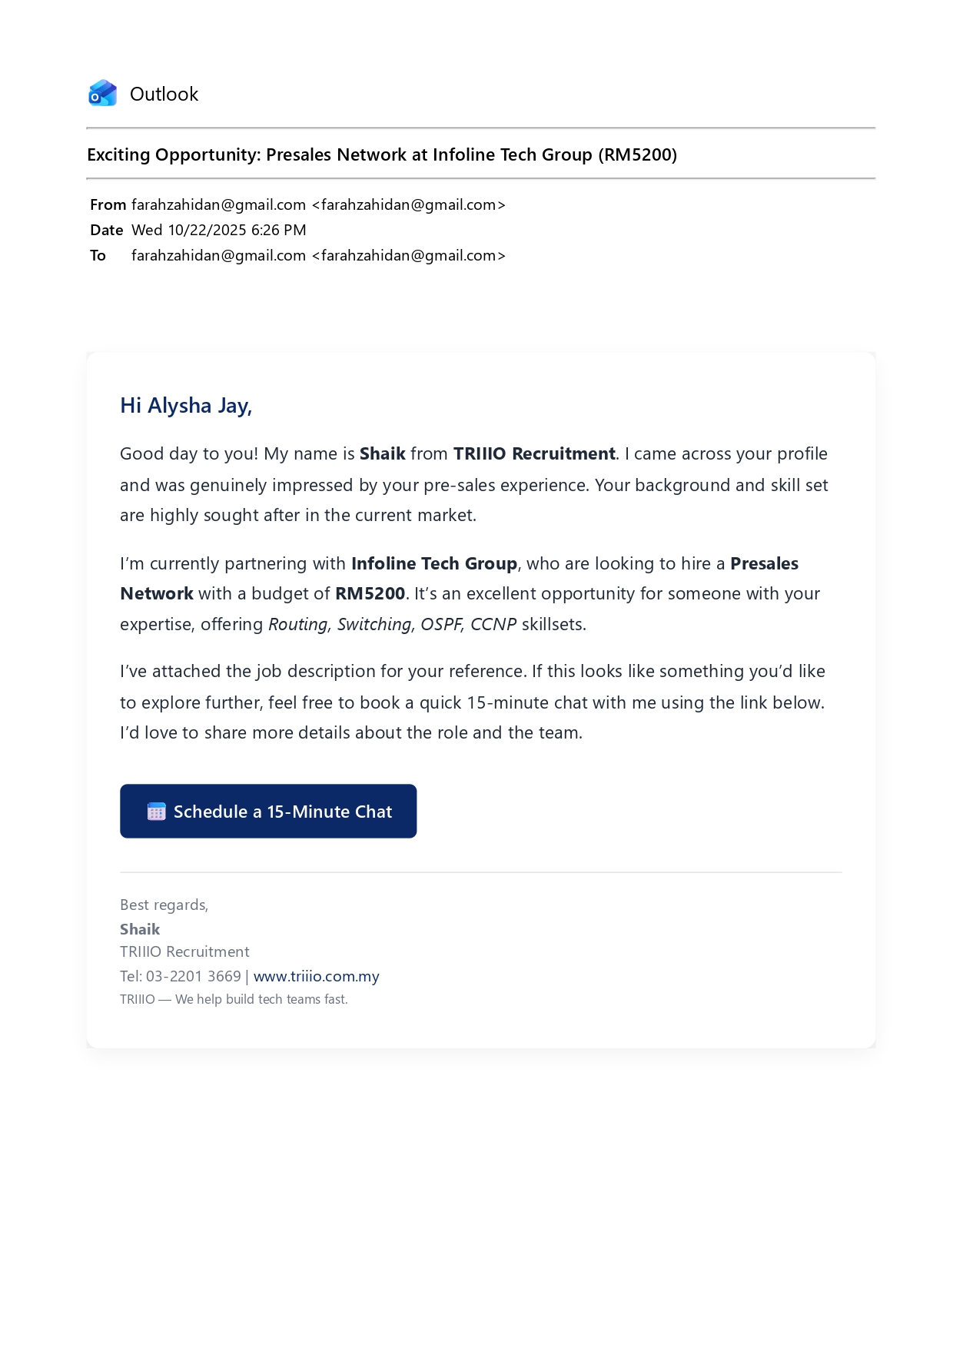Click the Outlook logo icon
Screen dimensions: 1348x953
tap(102, 94)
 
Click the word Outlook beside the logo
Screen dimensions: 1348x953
tap(164, 95)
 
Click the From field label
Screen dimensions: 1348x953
tap(108, 205)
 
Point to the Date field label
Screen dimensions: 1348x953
tap(106, 231)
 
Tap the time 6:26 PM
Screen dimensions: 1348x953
tap(278, 231)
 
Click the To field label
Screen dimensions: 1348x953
tap(98, 256)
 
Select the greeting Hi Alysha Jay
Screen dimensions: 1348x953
tap(186, 406)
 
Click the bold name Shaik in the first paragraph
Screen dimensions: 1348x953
tap(382, 454)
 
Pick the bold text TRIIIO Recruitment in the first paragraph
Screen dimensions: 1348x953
tap(534, 454)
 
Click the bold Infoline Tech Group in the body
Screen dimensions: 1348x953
tap(433, 564)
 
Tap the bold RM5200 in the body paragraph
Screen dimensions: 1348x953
tap(370, 594)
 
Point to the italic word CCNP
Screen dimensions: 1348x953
tap(493, 625)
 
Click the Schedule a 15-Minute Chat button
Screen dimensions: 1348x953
tap(268, 812)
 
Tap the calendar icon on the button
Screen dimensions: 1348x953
tap(156, 812)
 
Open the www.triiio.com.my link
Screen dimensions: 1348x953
tap(316, 977)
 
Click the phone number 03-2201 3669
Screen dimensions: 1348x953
tap(194, 977)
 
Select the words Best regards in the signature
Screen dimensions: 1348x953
tap(164, 905)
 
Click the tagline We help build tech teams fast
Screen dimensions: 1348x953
tap(261, 1000)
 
